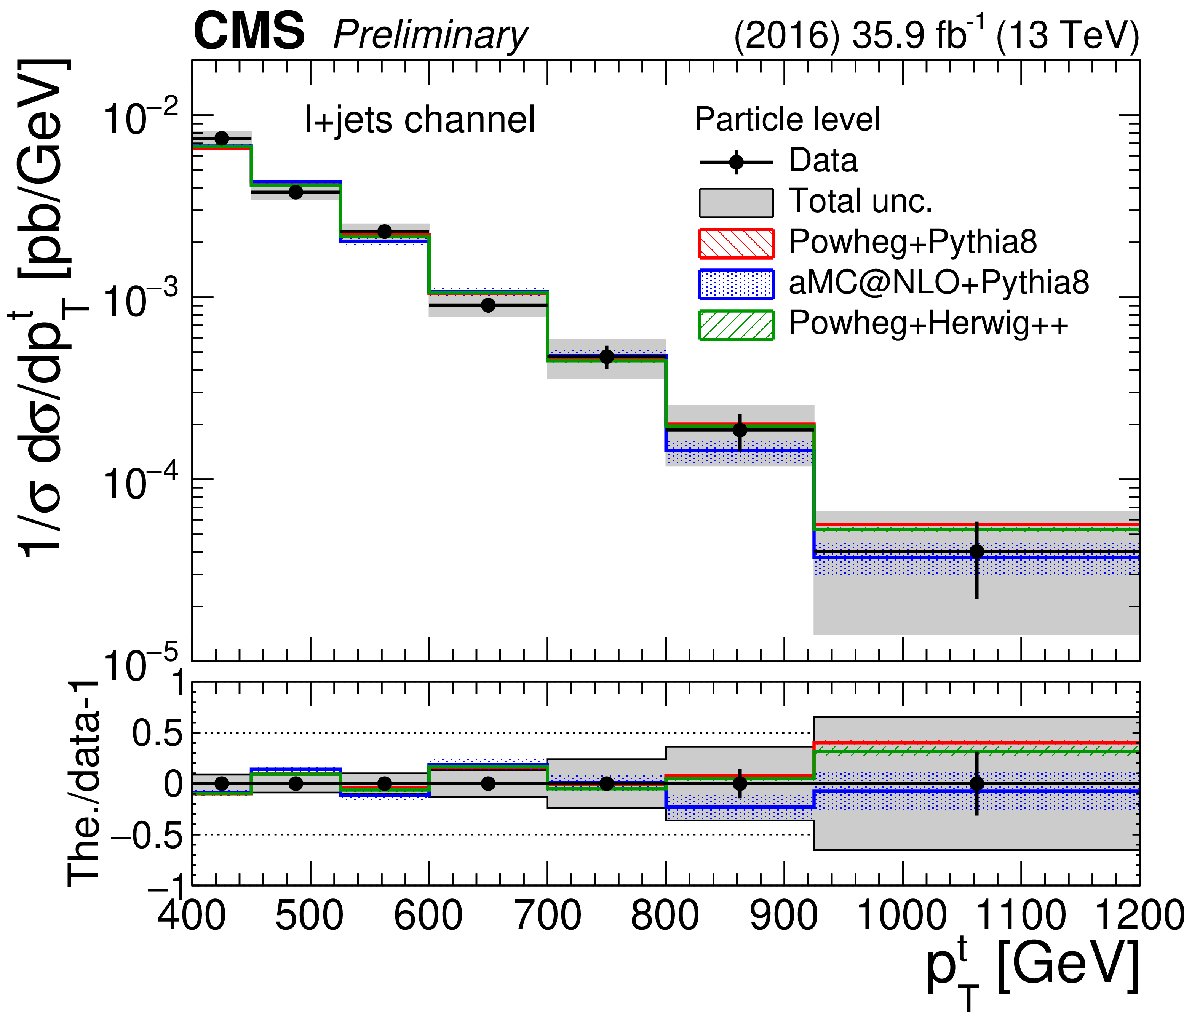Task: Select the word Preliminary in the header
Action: (x=430, y=36)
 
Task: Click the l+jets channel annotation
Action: (x=420, y=120)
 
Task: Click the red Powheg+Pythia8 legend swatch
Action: (x=736, y=243)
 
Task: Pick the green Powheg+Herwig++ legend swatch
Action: (x=736, y=325)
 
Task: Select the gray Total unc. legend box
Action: (x=736, y=203)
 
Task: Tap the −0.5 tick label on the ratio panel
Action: (x=147, y=836)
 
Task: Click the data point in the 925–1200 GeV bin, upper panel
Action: (x=976, y=551)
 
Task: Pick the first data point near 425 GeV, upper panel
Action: (x=222, y=139)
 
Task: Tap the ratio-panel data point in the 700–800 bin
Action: (x=606, y=784)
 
